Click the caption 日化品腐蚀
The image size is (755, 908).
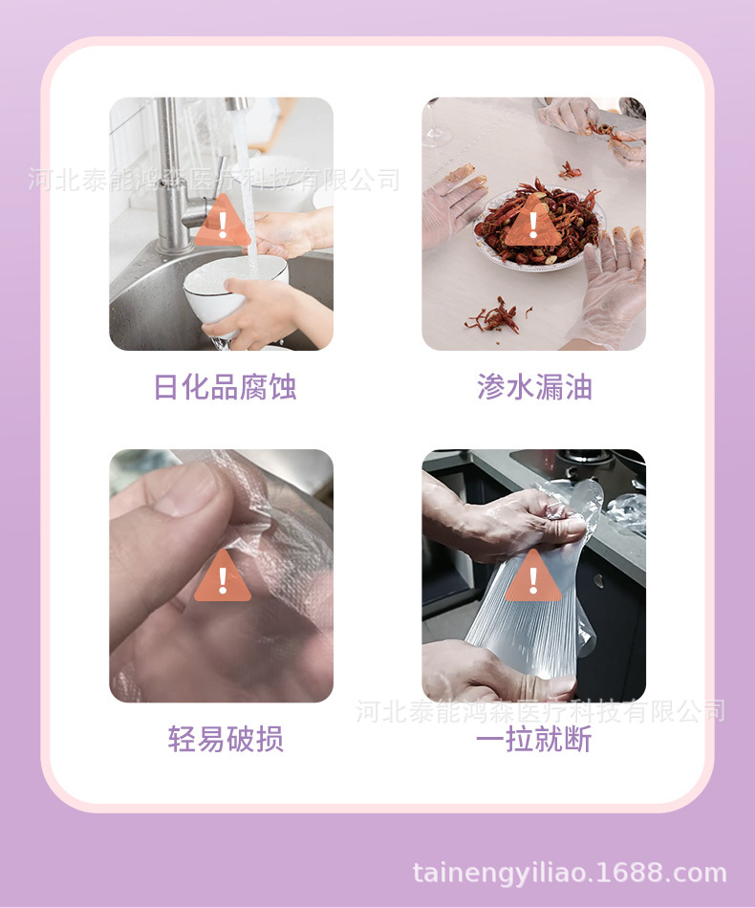click(x=225, y=387)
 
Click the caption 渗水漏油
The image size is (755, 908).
click(x=534, y=387)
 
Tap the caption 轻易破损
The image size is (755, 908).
click(x=225, y=739)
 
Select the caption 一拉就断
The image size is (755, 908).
click(x=534, y=739)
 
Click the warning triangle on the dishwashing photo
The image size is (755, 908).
click(x=223, y=226)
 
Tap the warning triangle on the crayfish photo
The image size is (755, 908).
click(x=533, y=226)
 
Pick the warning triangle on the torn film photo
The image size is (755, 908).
click(x=223, y=577)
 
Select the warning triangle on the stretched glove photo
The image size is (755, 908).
click(x=533, y=577)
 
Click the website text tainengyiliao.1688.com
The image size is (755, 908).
click(x=570, y=873)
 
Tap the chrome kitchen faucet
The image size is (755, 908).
click(x=177, y=172)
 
